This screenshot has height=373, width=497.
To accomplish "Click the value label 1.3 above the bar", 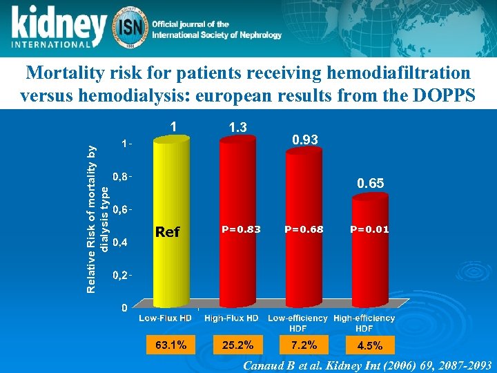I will tap(237, 127).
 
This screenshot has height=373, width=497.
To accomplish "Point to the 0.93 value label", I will tap(304, 140).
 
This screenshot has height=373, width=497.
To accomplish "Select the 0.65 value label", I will tap(371, 184).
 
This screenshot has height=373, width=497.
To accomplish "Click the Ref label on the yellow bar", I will tap(167, 232).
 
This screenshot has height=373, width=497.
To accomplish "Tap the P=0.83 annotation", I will tap(240, 229).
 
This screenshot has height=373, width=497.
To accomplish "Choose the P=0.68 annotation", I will tap(304, 229).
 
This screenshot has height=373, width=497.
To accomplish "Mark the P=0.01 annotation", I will tap(369, 229).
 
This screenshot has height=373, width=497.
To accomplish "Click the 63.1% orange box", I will tap(170, 344).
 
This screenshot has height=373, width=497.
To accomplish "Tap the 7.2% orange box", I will tap(304, 344).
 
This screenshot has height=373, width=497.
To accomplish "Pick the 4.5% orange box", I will tap(369, 344).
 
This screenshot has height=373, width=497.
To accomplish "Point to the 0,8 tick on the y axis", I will tap(120, 177).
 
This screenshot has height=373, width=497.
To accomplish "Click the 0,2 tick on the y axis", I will tap(120, 275).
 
